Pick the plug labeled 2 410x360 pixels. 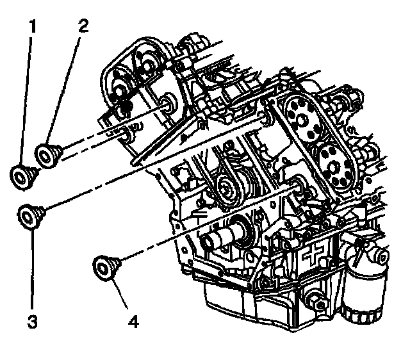pos(48,154)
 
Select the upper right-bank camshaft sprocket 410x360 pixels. pos(302,116)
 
